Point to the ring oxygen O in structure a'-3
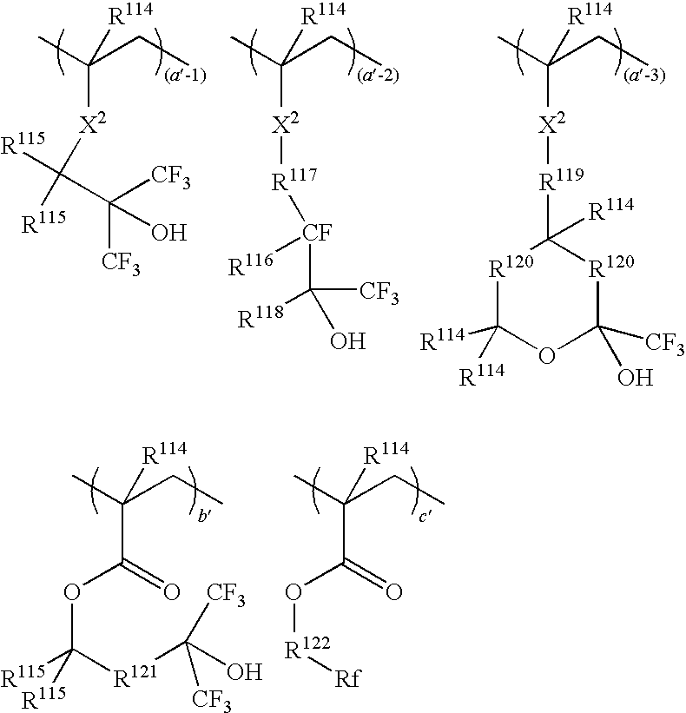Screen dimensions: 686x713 (544, 354)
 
